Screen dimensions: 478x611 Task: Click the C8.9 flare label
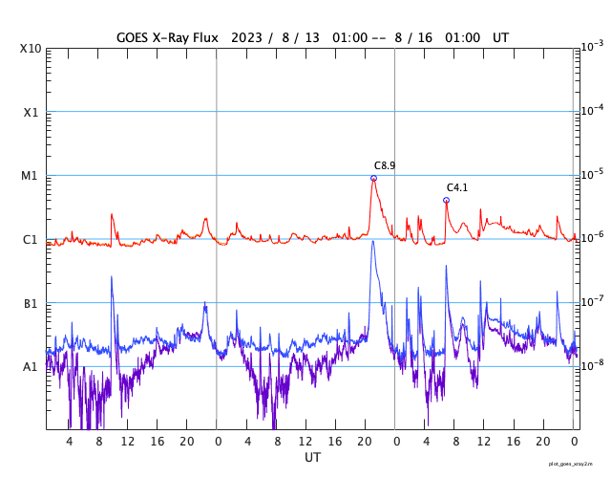pos(385,165)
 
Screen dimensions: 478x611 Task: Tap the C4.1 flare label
pos(457,187)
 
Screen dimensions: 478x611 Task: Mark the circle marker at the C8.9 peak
pos(373,178)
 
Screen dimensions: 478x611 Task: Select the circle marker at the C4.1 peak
pos(446,200)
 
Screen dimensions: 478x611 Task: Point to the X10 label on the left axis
pos(31,49)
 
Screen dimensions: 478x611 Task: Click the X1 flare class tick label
pos(31,112)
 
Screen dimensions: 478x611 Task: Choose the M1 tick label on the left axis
pos(31,176)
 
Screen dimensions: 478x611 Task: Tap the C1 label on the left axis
pos(31,239)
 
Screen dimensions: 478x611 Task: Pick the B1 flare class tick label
pos(31,303)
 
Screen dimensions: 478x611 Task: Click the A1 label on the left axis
pos(31,366)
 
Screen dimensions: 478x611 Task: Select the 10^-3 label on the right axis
pos(591,47)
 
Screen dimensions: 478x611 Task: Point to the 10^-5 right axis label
pos(591,174)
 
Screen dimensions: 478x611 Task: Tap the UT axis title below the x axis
pos(312,458)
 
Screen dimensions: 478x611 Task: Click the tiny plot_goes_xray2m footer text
pos(578,463)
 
